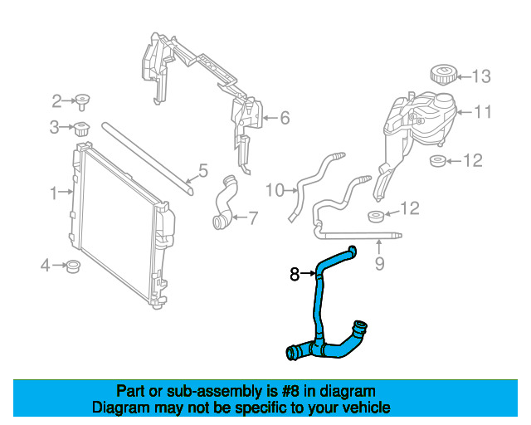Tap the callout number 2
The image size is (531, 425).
pyautogui.click(x=57, y=101)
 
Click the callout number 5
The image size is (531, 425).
pyautogui.click(x=284, y=119)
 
